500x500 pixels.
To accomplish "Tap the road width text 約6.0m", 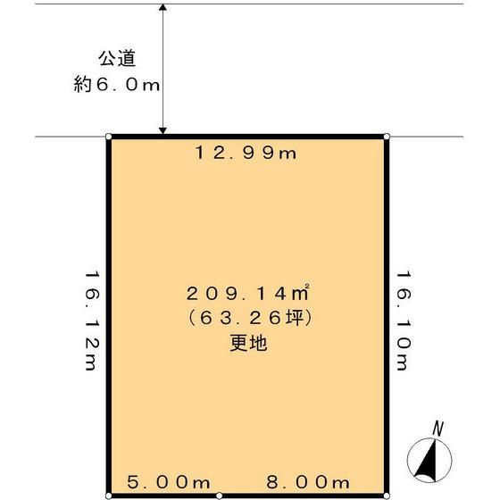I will (x=118, y=87).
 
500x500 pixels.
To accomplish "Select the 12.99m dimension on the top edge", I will (x=246, y=153).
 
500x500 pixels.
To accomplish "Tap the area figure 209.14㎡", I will (x=247, y=293).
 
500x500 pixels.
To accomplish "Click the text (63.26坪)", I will (x=247, y=317).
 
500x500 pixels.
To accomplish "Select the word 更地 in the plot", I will (x=247, y=342).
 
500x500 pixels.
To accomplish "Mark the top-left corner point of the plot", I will (x=109, y=137).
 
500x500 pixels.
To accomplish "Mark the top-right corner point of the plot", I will (x=387, y=137).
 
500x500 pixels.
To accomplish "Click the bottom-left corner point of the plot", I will (x=109, y=495).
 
